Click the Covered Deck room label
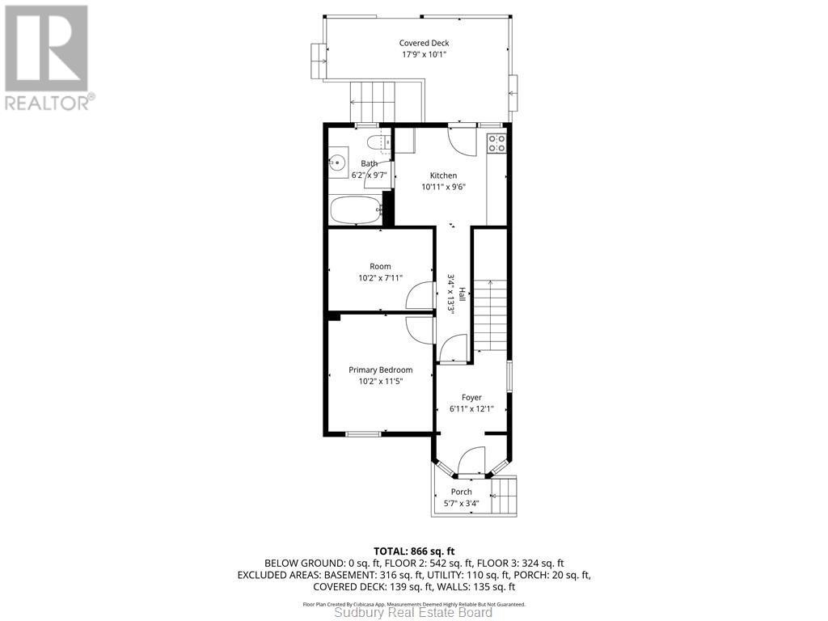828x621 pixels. tap(424, 43)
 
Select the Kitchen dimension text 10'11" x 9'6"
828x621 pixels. tap(443, 187)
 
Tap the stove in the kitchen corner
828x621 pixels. tap(497, 143)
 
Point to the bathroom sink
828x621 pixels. tap(338, 163)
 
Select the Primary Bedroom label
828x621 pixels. tap(380, 370)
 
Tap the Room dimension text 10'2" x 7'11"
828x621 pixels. tap(380, 278)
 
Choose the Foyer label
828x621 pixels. tap(471, 397)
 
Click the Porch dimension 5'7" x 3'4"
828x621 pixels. tap(462, 503)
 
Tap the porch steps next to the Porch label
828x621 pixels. tap(505, 495)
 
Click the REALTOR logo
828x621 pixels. tap(49, 57)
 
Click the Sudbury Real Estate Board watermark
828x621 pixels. tap(414, 613)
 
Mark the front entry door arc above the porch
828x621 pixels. tap(471, 463)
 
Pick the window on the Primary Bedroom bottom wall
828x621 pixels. tap(363, 435)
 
